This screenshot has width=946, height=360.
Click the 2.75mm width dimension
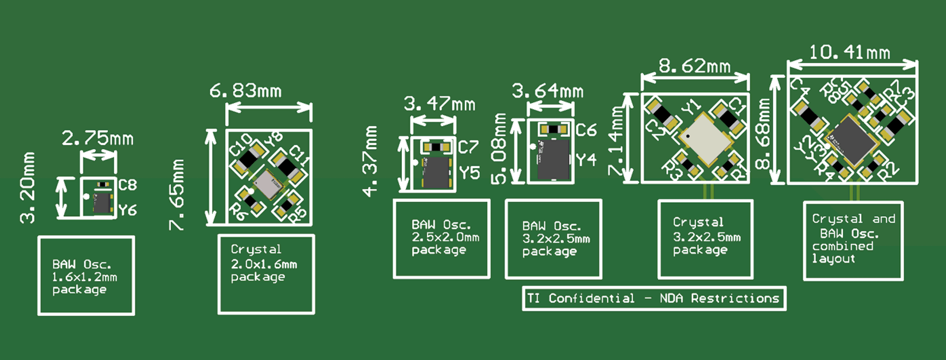tap(97, 138)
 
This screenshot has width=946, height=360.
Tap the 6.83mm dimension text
tap(245, 91)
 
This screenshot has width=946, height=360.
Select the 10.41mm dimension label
tap(849, 53)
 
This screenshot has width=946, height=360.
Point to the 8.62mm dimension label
tap(694, 66)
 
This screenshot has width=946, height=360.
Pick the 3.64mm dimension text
tap(548, 91)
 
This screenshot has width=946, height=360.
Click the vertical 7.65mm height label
tap(177, 195)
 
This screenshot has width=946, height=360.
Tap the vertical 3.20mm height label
tap(28, 188)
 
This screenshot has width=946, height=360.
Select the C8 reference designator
tap(127, 185)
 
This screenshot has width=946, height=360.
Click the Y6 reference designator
tap(128, 210)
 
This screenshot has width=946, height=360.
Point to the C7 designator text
tap(468, 147)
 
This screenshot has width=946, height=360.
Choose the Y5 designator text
tap(469, 173)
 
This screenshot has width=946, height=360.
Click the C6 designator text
tap(586, 131)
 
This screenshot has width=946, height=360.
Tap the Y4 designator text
tap(586, 160)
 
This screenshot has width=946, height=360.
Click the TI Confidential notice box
tap(654, 299)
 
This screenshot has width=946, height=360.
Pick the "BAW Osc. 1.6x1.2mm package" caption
tap(86, 276)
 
